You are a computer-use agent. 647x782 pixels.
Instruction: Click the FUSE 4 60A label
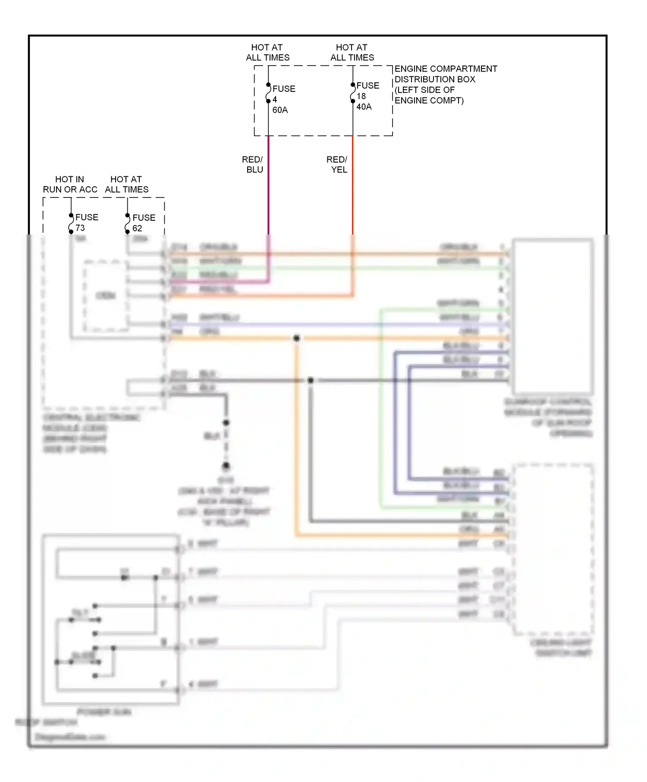(283, 99)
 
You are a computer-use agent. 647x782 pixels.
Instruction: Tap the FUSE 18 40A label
(367, 96)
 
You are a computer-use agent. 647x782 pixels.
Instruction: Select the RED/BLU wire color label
(253, 165)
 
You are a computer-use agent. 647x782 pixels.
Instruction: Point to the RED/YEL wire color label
(337, 165)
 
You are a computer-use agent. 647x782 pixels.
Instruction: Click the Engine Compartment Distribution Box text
(445, 84)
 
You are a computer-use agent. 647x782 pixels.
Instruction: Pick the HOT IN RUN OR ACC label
(70, 185)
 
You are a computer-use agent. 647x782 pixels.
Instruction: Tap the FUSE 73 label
(86, 222)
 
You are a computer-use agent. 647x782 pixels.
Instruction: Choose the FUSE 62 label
(143, 222)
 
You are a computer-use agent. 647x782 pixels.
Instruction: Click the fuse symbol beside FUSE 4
(268, 93)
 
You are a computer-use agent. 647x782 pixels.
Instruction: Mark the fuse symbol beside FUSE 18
(353, 93)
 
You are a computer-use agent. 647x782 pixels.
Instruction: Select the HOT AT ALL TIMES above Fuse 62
(126, 185)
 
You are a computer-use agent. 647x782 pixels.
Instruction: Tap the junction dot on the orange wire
(296, 338)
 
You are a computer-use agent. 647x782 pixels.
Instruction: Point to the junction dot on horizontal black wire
(311, 380)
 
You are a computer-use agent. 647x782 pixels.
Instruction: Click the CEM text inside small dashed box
(106, 296)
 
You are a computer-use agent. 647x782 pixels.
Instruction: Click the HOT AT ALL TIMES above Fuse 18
(352, 52)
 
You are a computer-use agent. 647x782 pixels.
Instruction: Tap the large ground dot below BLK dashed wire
(226, 466)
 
